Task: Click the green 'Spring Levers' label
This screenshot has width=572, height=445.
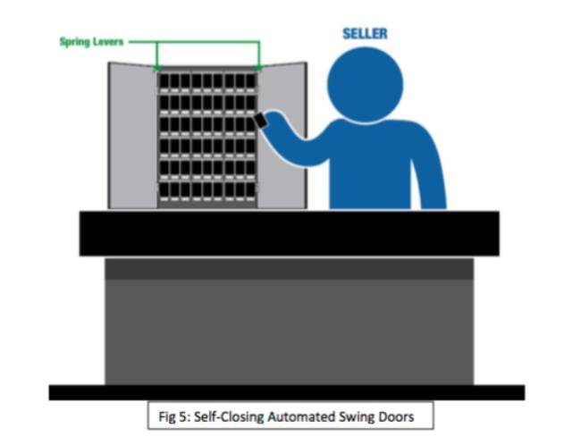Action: click(89, 42)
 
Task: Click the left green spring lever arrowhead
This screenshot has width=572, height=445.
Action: click(157, 67)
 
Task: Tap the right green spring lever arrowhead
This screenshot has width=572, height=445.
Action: click(259, 67)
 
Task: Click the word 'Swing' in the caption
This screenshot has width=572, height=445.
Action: click(349, 416)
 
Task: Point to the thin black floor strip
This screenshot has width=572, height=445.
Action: click(286, 392)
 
